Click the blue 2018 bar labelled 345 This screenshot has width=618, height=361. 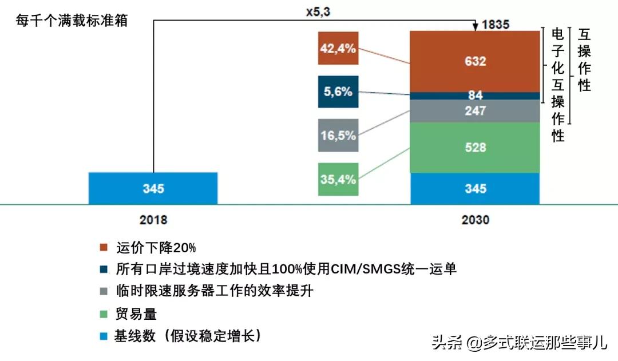[x=153, y=188]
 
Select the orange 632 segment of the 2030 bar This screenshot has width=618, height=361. [x=475, y=61]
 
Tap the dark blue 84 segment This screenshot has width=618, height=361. [x=475, y=96]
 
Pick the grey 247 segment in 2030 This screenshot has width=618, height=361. [x=475, y=111]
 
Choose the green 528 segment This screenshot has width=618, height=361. [x=475, y=148]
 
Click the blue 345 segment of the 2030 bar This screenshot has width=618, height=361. [x=475, y=188]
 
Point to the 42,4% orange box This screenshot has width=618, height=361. [x=338, y=49]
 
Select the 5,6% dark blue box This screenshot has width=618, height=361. [x=338, y=92]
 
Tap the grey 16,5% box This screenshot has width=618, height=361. [x=338, y=136]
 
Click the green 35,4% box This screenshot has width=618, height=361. [x=338, y=179]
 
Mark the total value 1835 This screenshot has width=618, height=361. [x=495, y=25]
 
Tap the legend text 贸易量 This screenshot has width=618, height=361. [x=136, y=314]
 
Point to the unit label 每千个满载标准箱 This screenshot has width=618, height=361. [x=72, y=21]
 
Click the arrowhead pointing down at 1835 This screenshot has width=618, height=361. [x=475, y=27]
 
